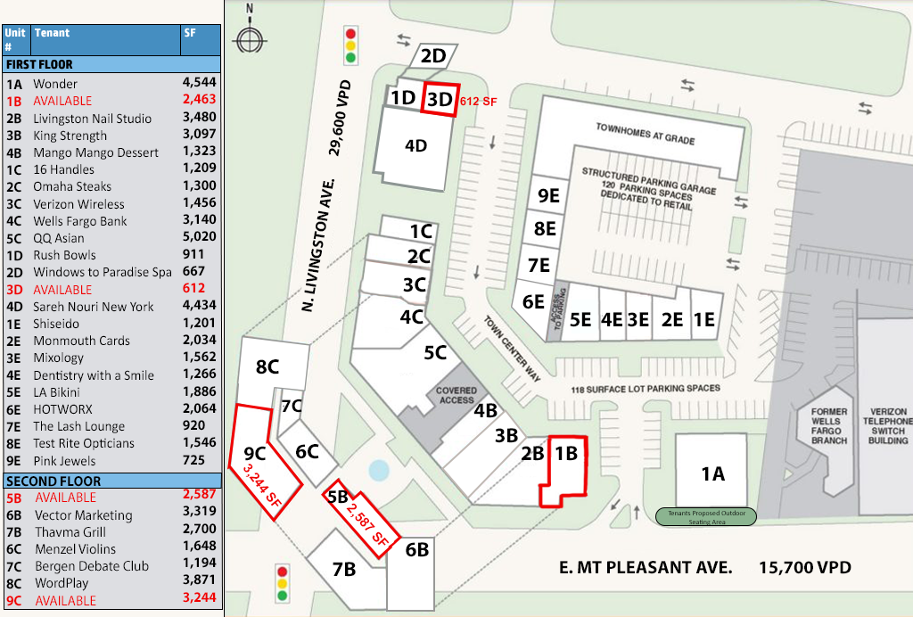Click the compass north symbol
click(x=249, y=39)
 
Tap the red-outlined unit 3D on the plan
click(x=440, y=99)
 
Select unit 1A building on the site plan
click(x=711, y=472)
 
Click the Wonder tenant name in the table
click(x=55, y=84)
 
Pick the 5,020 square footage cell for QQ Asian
click(x=199, y=238)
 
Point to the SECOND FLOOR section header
click(x=53, y=481)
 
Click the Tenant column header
click(x=52, y=33)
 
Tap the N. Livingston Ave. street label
click(x=317, y=246)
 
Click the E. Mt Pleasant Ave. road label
click(x=646, y=567)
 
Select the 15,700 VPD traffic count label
click(x=805, y=567)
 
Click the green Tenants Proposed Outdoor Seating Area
click(x=706, y=517)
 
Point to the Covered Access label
click(x=456, y=395)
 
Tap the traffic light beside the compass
click(x=350, y=45)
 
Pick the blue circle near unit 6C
click(x=378, y=469)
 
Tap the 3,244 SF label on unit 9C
click(x=259, y=485)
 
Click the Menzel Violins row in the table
click(x=75, y=549)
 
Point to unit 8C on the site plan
click(x=267, y=366)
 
